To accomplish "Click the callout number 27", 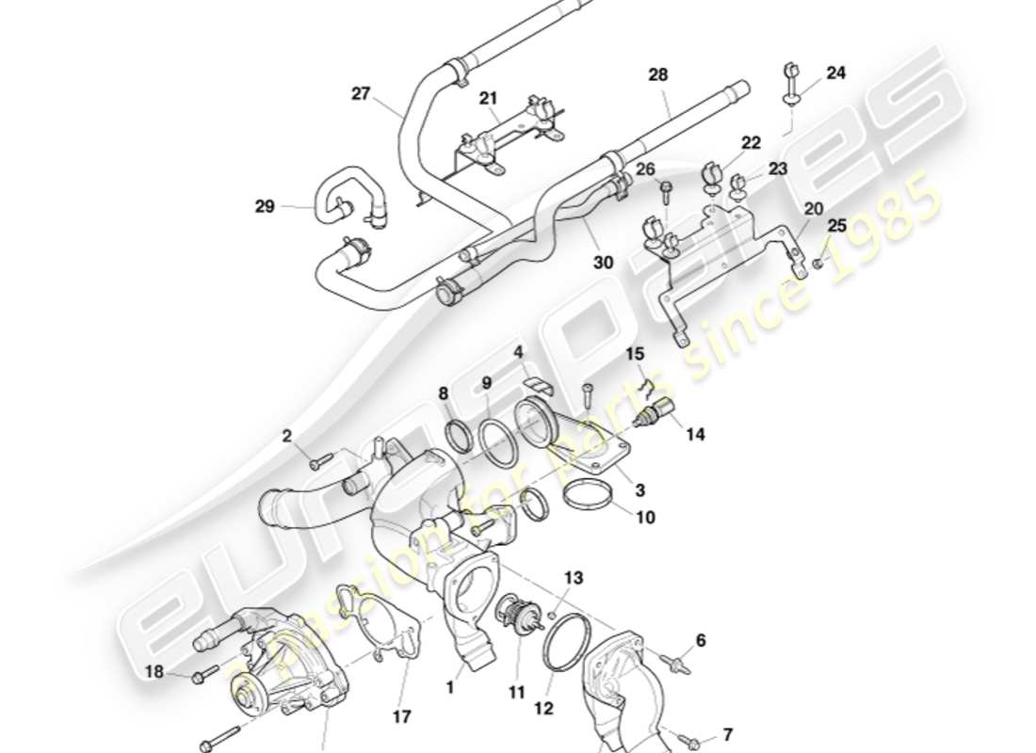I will pyautogui.click(x=362, y=94).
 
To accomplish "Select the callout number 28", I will pyautogui.click(x=657, y=74).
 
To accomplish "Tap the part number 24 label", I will pyautogui.click(x=836, y=72).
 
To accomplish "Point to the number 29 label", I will pyautogui.click(x=265, y=206).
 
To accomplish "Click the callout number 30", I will pyautogui.click(x=604, y=263).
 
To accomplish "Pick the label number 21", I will pyautogui.click(x=487, y=99).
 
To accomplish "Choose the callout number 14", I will pyautogui.click(x=695, y=434).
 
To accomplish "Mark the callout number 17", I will pyautogui.click(x=402, y=717).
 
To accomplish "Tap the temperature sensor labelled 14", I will pyautogui.click(x=656, y=415).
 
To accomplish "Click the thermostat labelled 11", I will pyautogui.click(x=514, y=612).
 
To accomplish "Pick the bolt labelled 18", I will pyautogui.click(x=201, y=677).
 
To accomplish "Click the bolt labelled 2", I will pyautogui.click(x=321, y=460).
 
